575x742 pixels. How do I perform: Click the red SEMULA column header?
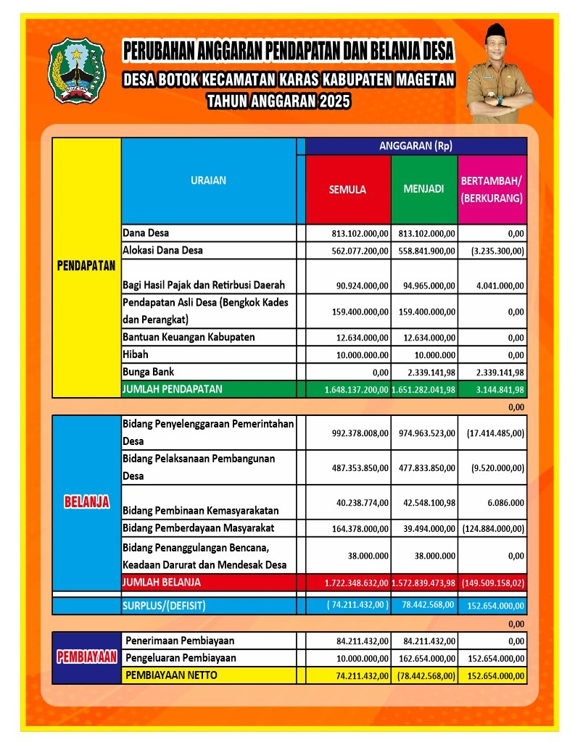347,190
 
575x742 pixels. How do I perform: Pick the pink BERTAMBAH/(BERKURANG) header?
492,189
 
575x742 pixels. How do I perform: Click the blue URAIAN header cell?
208,180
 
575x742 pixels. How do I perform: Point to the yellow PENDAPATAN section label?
86,265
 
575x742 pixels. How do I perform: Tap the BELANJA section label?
86,501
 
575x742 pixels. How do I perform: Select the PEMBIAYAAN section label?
87,658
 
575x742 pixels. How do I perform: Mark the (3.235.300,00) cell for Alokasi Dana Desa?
492,251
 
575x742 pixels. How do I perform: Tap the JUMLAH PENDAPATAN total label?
173,389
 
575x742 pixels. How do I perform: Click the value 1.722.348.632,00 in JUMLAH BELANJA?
348,583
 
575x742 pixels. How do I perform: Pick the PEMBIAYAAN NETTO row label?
171,675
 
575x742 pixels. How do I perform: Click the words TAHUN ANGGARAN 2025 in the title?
278,101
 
